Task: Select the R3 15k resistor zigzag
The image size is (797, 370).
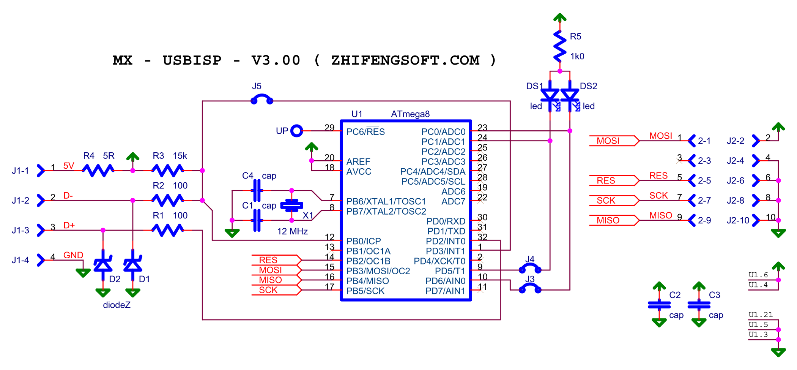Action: click(x=167, y=170)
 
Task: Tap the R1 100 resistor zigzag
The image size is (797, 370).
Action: click(x=167, y=230)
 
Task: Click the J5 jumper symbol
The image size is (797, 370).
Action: click(x=262, y=100)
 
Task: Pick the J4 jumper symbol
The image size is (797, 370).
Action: click(x=530, y=269)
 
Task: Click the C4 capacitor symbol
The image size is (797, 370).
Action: click(x=257, y=190)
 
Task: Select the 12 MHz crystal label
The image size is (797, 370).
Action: click(x=292, y=231)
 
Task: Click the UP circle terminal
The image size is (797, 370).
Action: click(x=296, y=131)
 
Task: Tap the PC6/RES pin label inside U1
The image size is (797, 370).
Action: click(x=365, y=132)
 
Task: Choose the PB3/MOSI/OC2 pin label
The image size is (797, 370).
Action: click(x=378, y=271)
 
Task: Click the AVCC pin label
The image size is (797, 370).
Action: click(x=359, y=172)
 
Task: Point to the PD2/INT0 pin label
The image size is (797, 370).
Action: click(x=445, y=241)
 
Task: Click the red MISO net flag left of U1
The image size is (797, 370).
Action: click(x=270, y=280)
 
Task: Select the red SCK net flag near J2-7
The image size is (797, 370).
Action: click(x=606, y=200)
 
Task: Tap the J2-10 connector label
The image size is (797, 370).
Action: click(x=738, y=220)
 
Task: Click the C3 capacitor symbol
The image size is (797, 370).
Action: click(x=699, y=304)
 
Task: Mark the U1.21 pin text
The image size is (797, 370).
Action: click(x=760, y=315)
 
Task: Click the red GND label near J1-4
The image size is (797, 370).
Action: click(x=73, y=255)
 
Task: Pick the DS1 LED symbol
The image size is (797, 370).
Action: click(x=550, y=96)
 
